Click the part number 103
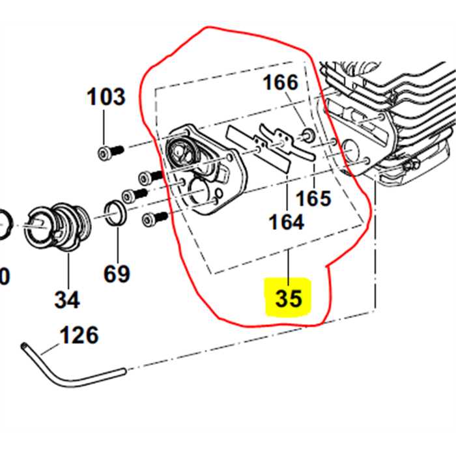point(106,96)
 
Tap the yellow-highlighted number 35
point(289,298)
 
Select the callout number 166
point(281,82)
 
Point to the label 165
point(313,199)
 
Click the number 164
point(287,222)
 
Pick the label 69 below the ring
point(117,274)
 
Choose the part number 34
point(67,300)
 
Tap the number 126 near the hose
point(79,335)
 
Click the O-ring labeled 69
point(115,212)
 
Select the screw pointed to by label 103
point(111,152)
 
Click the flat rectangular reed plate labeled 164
point(258,149)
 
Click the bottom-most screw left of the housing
point(155,219)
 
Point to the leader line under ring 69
point(118,245)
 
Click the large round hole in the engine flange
point(350,149)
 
